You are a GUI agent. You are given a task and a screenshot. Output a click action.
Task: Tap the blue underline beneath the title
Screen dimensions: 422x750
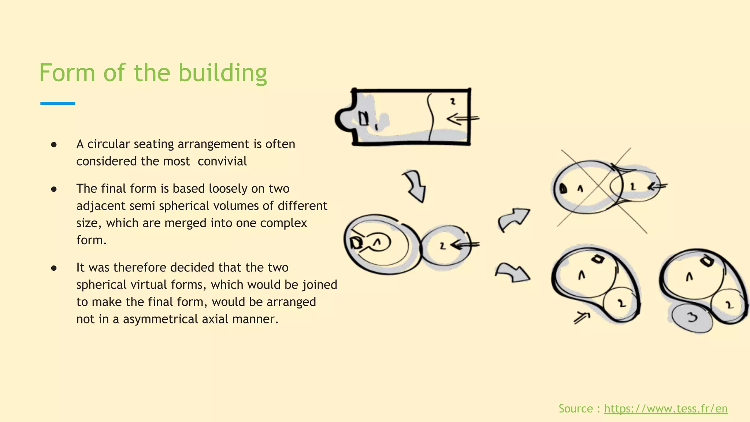pyautogui.click(x=57, y=103)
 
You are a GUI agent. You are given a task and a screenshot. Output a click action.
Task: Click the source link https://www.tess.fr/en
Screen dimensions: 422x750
pyautogui.click(x=666, y=408)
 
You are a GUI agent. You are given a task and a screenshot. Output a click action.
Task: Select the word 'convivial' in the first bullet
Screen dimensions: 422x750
pyautogui.click(x=222, y=161)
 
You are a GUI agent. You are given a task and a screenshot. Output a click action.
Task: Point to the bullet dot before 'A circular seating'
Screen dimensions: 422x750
pyautogui.click(x=54, y=145)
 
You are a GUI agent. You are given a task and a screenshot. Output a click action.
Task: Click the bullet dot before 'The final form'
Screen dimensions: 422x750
pyautogui.click(x=54, y=189)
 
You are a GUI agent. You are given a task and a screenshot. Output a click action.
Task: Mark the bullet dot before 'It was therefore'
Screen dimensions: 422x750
pyautogui.click(x=54, y=268)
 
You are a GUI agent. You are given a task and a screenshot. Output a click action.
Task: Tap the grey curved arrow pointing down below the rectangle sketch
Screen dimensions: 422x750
pyautogui.click(x=415, y=185)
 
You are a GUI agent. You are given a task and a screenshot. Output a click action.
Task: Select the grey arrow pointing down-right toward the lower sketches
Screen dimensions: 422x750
pyautogui.click(x=513, y=273)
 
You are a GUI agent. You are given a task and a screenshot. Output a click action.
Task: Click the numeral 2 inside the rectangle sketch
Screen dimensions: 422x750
pyautogui.click(x=453, y=101)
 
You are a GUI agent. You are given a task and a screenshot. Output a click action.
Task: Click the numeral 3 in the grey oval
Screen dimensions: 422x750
pyautogui.click(x=692, y=317)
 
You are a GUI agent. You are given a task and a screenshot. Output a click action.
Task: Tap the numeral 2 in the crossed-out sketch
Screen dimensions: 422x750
pyautogui.click(x=632, y=187)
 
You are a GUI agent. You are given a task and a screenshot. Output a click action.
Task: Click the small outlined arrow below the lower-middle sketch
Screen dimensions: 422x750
pyautogui.click(x=582, y=317)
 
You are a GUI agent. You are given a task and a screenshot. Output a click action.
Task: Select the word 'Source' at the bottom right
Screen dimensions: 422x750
pyautogui.click(x=575, y=408)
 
